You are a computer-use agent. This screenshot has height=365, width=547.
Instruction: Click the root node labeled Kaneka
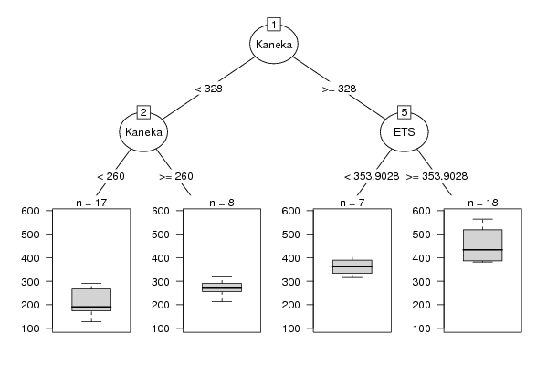click(x=274, y=45)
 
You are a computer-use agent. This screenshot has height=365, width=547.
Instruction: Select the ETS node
click(x=405, y=132)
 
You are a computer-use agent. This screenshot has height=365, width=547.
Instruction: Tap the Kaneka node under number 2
click(x=143, y=132)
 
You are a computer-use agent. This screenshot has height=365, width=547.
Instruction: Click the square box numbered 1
click(x=274, y=25)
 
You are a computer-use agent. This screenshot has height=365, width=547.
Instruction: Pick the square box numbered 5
click(x=405, y=112)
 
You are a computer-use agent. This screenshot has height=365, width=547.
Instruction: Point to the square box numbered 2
click(x=143, y=112)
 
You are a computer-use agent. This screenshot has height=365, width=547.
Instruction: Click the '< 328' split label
click(x=208, y=89)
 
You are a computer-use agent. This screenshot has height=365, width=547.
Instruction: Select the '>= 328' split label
click(x=339, y=89)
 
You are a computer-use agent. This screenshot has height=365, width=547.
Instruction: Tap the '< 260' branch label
click(x=110, y=176)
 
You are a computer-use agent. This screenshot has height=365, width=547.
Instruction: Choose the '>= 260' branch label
click(x=176, y=176)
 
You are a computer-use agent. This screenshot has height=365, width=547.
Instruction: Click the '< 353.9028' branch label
click(x=372, y=176)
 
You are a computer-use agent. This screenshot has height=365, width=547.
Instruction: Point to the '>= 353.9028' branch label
click(x=437, y=176)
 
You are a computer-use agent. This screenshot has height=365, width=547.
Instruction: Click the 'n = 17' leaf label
click(x=91, y=203)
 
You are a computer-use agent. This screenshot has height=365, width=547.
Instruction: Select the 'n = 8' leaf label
click(x=222, y=203)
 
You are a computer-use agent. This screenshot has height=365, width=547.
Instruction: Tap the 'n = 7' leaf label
click(x=352, y=203)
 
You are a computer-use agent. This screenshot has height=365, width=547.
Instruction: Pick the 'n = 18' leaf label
click(x=483, y=203)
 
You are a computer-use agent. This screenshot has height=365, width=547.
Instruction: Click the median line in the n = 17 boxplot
click(x=91, y=307)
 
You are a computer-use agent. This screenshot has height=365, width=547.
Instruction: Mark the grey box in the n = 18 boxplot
click(x=483, y=245)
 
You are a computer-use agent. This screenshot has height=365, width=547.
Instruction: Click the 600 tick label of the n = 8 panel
click(x=161, y=211)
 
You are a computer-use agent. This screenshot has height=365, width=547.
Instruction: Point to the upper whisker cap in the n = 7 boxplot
click(x=352, y=255)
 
